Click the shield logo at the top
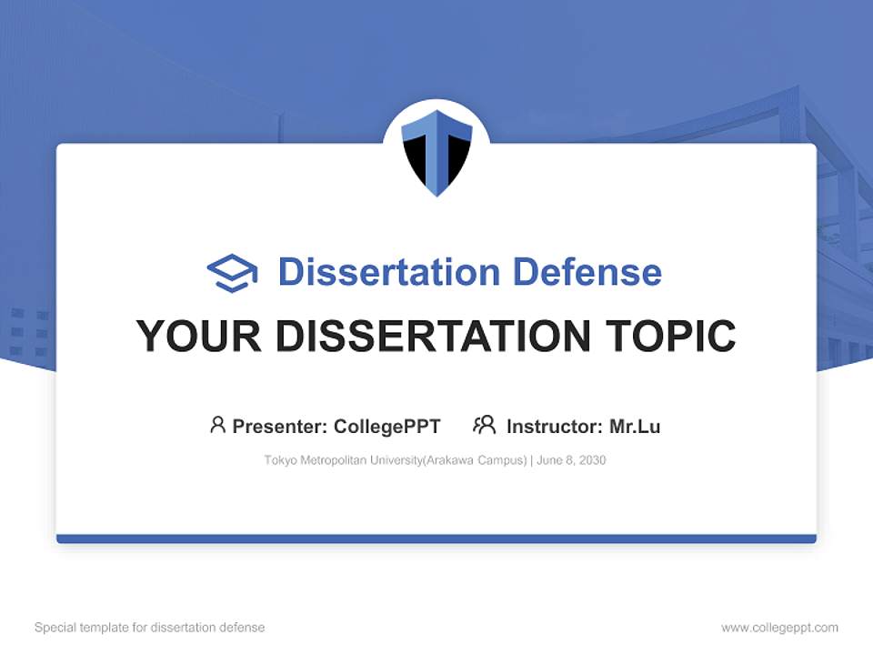(436, 151)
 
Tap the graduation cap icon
(232, 273)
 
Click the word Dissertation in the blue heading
(388, 272)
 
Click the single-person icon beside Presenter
(217, 425)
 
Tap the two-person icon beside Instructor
(484, 425)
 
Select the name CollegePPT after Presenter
(387, 427)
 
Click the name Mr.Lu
(635, 427)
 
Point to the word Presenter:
(280, 427)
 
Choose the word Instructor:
(554, 427)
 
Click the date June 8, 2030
(571, 460)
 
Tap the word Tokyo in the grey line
(280, 460)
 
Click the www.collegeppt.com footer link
(779, 628)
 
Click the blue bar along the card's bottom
(436, 539)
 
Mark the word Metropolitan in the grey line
(332, 460)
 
